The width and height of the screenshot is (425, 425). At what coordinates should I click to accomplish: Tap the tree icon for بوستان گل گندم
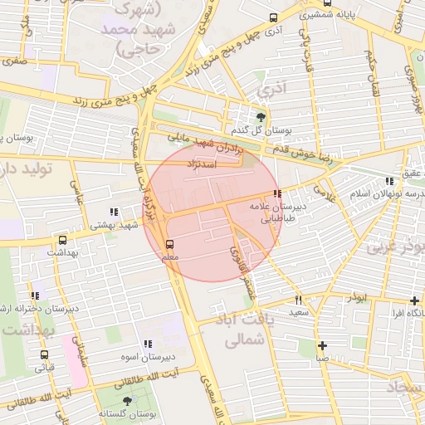click(262, 117)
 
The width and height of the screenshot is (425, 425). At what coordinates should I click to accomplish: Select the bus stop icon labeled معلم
click(170, 244)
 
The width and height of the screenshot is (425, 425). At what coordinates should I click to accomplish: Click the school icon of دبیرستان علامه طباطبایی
click(276, 193)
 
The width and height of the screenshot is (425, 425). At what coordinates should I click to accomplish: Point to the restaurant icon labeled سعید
click(299, 300)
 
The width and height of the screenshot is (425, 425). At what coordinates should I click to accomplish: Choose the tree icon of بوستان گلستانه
click(127, 401)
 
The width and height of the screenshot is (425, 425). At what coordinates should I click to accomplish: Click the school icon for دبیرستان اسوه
click(148, 344)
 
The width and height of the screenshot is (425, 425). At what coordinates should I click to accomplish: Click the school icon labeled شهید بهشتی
click(113, 212)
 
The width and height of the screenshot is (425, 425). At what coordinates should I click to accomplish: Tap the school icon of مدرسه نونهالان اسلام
click(389, 181)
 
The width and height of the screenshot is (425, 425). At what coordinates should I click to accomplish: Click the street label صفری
click(14, 61)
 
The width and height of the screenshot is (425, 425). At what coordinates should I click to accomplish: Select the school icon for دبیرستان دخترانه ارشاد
click(36, 296)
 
